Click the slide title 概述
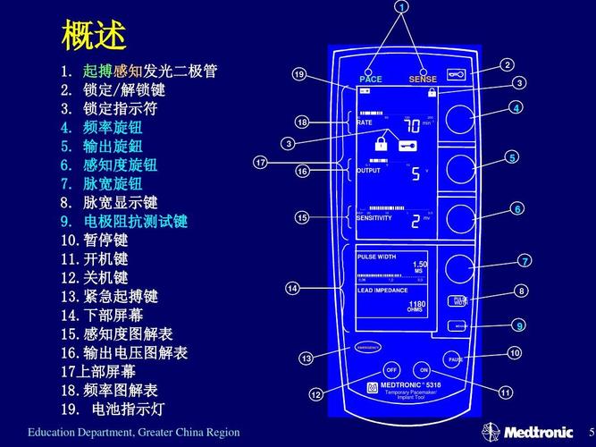pos(93,36)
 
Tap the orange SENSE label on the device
pos(423,80)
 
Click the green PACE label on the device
pos(370,80)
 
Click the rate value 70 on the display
pos(412,125)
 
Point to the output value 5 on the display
pos(416,173)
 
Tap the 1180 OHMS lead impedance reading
pos(416,308)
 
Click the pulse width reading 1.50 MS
pos(419,266)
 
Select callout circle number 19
pos(299,74)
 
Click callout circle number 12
pos(315,394)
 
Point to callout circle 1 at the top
pos(401,7)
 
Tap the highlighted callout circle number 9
pos(518,325)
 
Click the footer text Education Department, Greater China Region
pos(133,433)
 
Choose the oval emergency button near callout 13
pos(367,346)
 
